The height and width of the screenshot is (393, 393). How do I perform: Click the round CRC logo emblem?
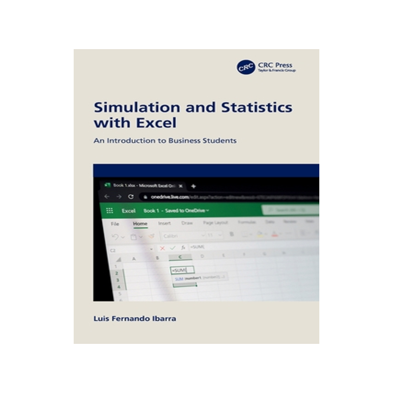point(246,67)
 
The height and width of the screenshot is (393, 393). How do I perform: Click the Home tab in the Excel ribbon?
point(140,224)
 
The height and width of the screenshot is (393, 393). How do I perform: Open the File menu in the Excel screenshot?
point(115,224)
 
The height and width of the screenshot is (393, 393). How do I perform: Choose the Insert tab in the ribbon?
point(164,224)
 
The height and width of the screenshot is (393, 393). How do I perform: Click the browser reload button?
point(131,196)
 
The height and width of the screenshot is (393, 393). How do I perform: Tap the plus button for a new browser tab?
point(194,186)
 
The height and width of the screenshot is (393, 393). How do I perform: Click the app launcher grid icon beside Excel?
point(110,210)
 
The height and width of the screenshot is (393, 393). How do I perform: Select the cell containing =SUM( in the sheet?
point(182,270)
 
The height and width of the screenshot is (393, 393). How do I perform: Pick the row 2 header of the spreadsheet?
point(117,272)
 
